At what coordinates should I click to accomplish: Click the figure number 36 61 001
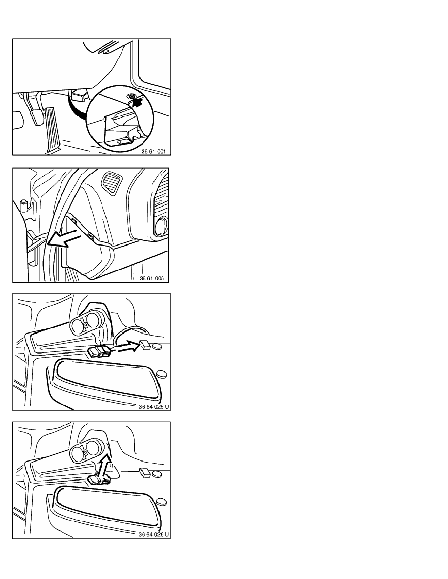click(154, 152)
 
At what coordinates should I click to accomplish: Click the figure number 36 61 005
click(152, 278)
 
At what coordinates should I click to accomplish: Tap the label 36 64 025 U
click(154, 407)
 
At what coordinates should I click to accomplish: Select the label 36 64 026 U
click(154, 534)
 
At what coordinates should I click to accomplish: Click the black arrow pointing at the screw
click(137, 102)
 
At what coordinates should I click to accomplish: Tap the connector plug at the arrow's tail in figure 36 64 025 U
click(100, 352)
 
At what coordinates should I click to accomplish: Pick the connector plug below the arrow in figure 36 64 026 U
click(100, 480)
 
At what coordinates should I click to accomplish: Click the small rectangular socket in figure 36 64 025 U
click(145, 345)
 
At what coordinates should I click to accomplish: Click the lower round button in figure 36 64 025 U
click(162, 374)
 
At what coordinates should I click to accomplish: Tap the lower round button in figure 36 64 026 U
click(162, 502)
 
